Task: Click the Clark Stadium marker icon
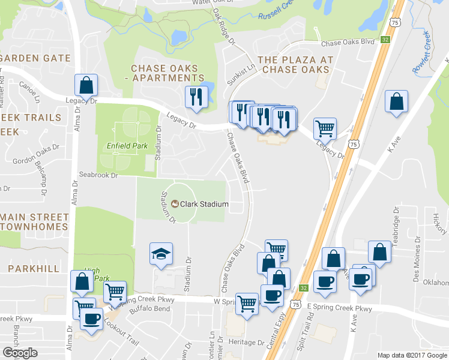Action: click(x=174, y=204)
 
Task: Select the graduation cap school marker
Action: click(x=161, y=254)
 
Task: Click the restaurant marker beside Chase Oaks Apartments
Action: click(x=196, y=97)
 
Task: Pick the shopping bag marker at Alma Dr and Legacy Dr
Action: click(x=86, y=86)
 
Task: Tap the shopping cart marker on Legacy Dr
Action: click(x=325, y=128)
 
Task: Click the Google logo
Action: click(x=21, y=353)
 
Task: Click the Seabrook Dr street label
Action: click(x=97, y=175)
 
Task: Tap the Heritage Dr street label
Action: click(x=246, y=341)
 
